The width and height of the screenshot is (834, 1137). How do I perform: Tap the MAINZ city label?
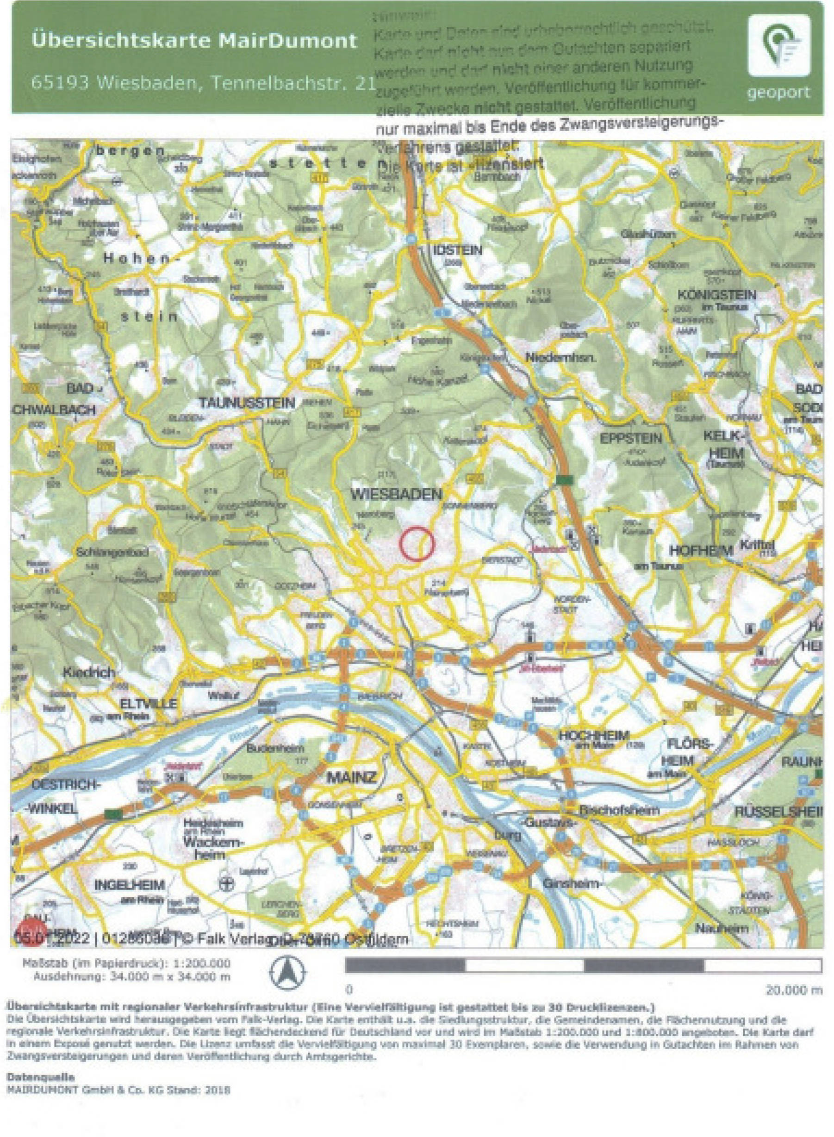352,777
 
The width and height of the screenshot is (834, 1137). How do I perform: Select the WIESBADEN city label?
396,494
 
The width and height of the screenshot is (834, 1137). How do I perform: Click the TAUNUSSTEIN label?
247,403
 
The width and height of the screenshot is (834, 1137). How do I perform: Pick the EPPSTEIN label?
630,439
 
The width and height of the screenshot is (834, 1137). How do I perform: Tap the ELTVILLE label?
149,703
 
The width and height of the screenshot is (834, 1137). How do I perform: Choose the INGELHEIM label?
130,885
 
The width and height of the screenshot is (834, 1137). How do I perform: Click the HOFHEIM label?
701,551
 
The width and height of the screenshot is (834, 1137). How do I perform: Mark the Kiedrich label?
89,672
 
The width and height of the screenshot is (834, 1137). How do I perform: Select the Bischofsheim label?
619,810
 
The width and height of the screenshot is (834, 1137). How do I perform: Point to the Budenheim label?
269,749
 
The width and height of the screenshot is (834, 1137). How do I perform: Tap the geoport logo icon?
778,46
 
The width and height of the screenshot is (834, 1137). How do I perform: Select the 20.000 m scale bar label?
794,991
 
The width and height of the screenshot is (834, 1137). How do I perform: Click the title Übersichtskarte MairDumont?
194,40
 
